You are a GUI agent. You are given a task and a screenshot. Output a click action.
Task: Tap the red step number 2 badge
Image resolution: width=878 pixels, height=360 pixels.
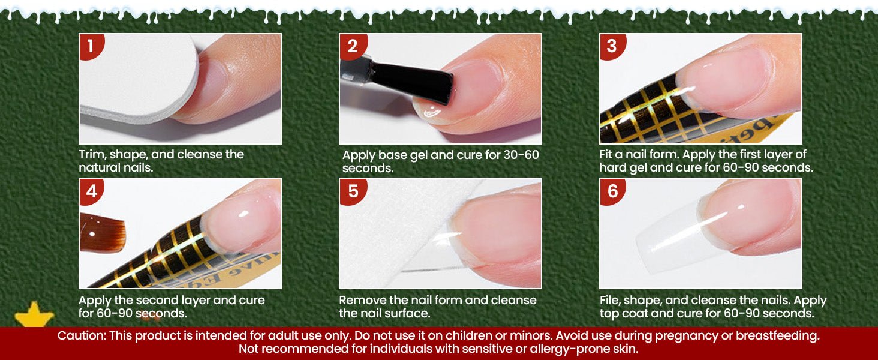pos(352,46)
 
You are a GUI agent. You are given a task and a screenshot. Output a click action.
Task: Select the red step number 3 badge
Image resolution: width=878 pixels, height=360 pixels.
pos(612,46)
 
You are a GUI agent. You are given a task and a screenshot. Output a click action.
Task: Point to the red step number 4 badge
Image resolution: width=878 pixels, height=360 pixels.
pos(91,191)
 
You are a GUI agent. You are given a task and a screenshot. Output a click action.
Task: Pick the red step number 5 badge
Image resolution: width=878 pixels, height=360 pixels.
pos(353,191)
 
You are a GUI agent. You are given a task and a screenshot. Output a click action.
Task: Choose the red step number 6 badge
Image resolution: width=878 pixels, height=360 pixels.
pos(612,191)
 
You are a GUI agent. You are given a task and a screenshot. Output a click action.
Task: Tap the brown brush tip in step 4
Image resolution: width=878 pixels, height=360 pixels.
pos(102,232)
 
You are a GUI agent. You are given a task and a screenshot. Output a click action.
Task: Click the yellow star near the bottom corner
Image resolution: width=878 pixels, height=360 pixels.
pos(34,314)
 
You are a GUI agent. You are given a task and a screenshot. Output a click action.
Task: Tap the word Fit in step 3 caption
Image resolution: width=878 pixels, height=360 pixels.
pos(607,154)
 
